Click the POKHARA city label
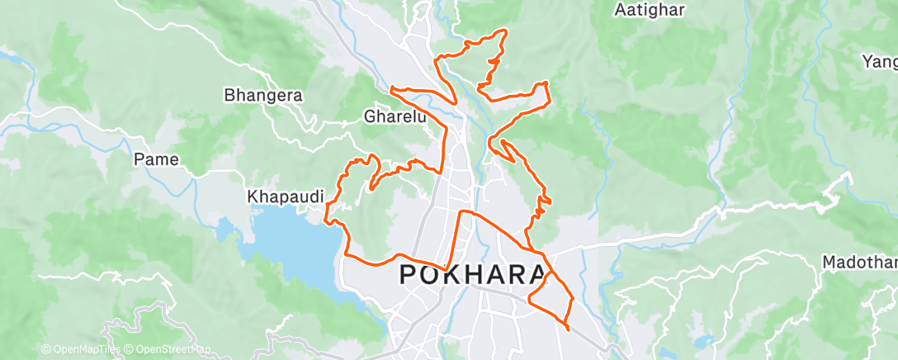[x=474, y=275]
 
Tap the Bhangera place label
[x=263, y=95]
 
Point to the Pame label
[x=156, y=159]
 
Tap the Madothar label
[x=859, y=262]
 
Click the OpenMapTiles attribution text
[x=80, y=350]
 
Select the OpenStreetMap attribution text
[x=168, y=350]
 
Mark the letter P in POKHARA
[x=410, y=275]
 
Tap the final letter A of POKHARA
[x=536, y=275]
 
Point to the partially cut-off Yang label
[x=879, y=61]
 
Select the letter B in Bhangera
[x=229, y=95]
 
